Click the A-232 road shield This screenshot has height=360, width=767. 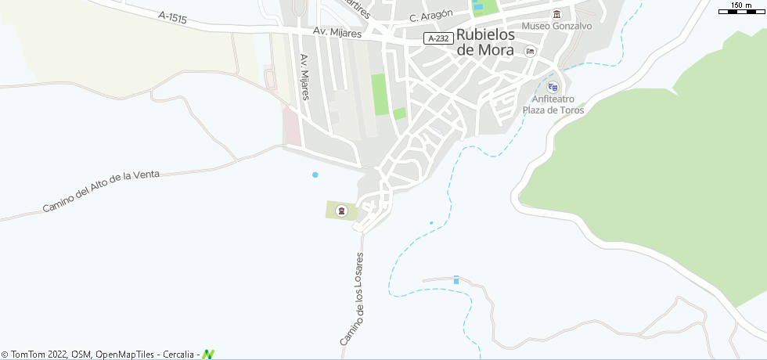tap(438, 38)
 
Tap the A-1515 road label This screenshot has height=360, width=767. tap(172, 17)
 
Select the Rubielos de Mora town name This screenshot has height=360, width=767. tap(485, 42)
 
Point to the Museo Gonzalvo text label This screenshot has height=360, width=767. tap(556, 26)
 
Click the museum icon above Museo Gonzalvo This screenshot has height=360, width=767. tap(556, 14)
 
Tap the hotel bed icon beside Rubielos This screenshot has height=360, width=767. tap(531, 52)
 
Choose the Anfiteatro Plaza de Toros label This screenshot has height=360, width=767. tap(553, 105)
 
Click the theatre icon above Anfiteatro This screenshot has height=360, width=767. tap(553, 87)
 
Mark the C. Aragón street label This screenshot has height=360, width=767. tap(431, 17)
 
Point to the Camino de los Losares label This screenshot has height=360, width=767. tap(354, 299)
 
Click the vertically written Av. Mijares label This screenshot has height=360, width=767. tap(305, 77)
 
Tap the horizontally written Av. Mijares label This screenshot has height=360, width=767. tap(337, 33)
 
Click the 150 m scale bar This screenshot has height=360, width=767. tap(741, 9)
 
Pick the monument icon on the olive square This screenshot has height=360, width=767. tap(341, 211)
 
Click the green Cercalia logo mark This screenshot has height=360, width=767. tap(208, 355)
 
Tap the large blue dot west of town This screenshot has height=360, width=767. tap(315, 175)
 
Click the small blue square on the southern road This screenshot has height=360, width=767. tap(456, 279)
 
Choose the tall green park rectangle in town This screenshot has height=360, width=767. tap(380, 94)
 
